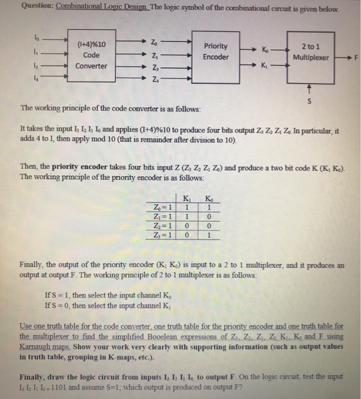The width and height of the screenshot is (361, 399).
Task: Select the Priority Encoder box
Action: [216, 52]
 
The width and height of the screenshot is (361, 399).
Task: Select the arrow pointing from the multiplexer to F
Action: [342, 58]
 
